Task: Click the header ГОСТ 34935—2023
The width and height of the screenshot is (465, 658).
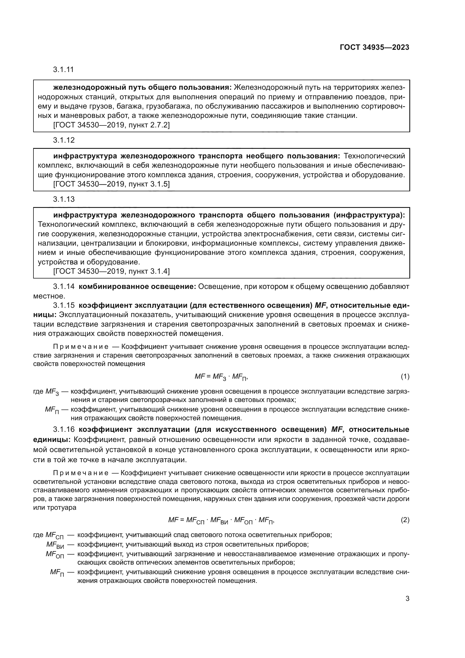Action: pyautogui.click(x=374, y=48)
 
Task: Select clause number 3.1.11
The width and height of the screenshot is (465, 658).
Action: pyautogui.click(x=63, y=70)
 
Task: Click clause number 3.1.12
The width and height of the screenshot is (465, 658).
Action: pyautogui.click(x=64, y=140)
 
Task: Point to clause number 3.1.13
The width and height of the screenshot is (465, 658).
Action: pyautogui.click(x=64, y=199)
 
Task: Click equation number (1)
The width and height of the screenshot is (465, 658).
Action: pyautogui.click(x=405, y=377)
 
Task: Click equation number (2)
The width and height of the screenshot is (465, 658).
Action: pyautogui.click(x=405, y=520)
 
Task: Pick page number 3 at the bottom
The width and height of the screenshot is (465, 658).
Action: pyautogui.click(x=407, y=599)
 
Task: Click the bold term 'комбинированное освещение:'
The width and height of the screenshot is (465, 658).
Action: pyautogui.click(x=137, y=287)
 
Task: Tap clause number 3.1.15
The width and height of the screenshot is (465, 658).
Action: pyautogui.click(x=64, y=306)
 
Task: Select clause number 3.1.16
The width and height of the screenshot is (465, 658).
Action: pyautogui.click(x=64, y=430)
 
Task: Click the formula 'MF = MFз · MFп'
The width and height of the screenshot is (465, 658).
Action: pyautogui.click(x=221, y=377)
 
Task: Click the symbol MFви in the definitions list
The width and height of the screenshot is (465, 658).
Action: pyautogui.click(x=55, y=545)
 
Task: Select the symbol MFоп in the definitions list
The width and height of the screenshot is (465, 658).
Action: pyautogui.click(x=55, y=554)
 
